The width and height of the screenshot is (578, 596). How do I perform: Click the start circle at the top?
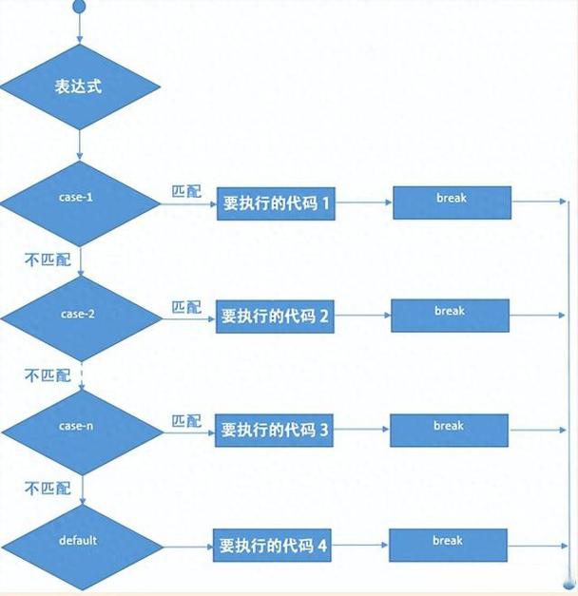click(78, 8)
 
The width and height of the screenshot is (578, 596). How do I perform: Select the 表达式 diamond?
click(79, 86)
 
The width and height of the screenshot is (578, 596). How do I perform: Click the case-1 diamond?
click(79, 201)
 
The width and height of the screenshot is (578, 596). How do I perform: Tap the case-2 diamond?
click(79, 314)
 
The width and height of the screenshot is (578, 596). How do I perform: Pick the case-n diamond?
click(79, 428)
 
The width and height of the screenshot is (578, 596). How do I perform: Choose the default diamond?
click(79, 543)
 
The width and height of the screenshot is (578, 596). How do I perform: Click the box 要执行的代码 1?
click(276, 203)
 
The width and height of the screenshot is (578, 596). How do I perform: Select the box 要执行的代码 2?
click(275, 317)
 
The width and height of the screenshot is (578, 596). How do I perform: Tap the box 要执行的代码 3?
click(275, 431)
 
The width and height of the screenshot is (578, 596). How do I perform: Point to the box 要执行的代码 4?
click(274, 547)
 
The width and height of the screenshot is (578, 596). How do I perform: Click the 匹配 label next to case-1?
click(186, 191)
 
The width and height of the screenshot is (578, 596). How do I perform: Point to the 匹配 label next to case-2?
click(186, 307)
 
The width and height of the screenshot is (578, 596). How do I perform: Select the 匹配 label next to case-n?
click(186, 420)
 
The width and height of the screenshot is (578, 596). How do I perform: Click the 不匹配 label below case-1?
click(48, 260)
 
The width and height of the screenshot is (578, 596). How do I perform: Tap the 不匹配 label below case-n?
click(48, 488)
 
